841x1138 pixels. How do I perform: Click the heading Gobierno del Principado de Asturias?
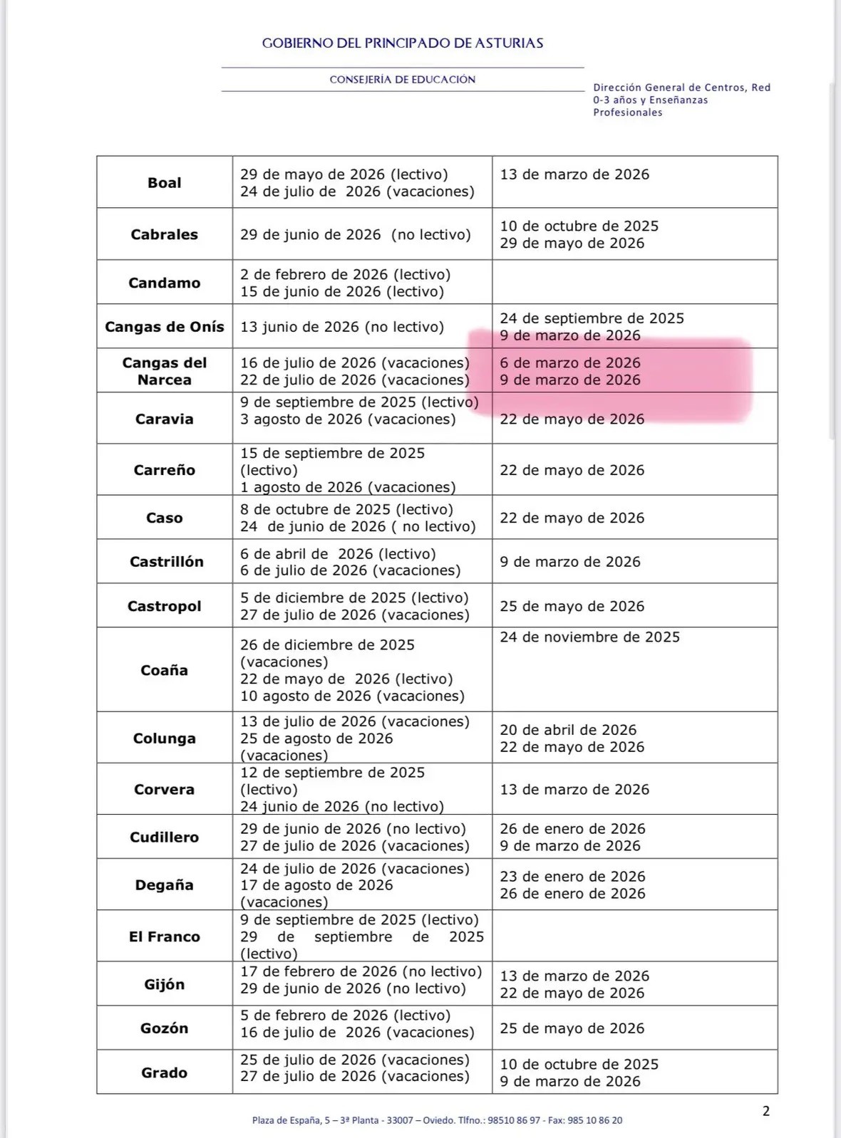(x=403, y=43)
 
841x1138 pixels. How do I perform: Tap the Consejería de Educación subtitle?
(x=403, y=80)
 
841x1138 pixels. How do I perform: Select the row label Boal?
(x=165, y=183)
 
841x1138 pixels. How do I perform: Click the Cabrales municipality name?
(x=165, y=235)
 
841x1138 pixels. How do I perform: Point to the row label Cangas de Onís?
(x=165, y=327)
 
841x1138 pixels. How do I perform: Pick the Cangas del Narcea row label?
(x=165, y=371)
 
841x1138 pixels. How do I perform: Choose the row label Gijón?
(x=165, y=985)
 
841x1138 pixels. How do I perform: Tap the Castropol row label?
(x=165, y=607)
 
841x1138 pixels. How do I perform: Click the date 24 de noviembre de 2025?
(x=589, y=637)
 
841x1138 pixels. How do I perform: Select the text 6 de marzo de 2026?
(x=570, y=363)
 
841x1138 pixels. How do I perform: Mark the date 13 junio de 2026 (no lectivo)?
(x=342, y=327)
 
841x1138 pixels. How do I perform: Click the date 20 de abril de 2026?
(x=568, y=730)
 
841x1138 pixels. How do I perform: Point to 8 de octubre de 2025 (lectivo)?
(x=346, y=510)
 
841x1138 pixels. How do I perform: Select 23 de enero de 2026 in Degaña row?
(x=572, y=877)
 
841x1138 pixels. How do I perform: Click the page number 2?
(x=766, y=1111)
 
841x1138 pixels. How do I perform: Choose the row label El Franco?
(x=165, y=937)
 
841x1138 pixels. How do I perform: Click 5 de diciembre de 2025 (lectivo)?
(x=354, y=598)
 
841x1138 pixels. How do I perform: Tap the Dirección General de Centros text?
(x=681, y=88)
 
